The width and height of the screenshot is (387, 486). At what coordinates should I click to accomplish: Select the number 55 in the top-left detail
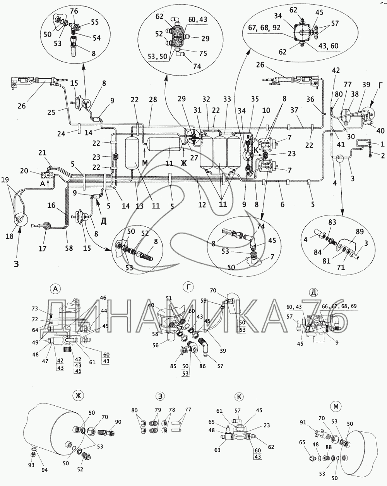click(x=95, y=22)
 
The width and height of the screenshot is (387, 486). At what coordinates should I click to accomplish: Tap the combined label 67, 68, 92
click(x=264, y=28)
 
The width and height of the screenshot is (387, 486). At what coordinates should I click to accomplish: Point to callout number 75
click(x=203, y=53)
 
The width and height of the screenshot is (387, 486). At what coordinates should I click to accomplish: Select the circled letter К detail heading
click(x=239, y=396)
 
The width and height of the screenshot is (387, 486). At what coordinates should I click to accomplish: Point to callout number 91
click(x=303, y=422)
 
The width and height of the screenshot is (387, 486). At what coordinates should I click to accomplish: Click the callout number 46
click(x=103, y=298)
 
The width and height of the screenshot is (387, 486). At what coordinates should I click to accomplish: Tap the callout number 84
click(x=318, y=252)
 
